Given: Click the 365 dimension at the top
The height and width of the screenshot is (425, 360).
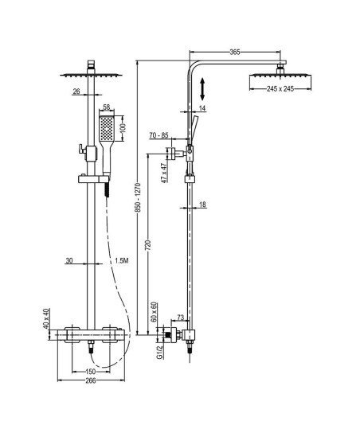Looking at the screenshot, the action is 235,52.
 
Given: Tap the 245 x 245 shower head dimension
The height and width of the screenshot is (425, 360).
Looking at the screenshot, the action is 280,88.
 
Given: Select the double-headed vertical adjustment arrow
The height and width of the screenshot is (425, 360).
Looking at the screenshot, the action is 202,88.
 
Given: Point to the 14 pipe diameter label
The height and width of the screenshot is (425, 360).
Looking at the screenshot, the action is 202,108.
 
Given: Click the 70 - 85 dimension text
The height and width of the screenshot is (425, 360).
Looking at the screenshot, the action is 159,135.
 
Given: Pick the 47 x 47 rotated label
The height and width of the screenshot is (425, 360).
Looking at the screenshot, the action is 164,173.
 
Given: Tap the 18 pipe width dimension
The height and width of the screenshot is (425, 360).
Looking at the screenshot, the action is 202,205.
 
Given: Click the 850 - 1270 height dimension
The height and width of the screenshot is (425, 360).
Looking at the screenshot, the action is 139,197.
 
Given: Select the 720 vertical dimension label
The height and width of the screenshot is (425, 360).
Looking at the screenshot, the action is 148,246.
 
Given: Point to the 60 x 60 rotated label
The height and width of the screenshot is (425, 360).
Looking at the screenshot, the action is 154,312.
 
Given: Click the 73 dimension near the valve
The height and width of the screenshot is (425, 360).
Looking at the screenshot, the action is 181,317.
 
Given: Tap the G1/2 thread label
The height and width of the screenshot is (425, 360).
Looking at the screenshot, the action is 160,353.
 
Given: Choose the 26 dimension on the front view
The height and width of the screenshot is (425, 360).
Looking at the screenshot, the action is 76,92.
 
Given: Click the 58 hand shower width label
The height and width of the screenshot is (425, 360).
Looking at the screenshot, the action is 107,107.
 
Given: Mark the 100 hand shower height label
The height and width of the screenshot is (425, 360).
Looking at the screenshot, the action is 123,127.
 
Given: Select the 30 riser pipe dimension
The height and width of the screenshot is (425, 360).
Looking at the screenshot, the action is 69,261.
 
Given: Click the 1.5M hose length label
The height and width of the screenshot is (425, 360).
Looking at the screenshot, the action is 122,261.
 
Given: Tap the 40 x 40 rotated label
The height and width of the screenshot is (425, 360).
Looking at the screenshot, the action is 46,318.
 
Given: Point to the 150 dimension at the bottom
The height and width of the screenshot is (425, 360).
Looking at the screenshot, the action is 91,371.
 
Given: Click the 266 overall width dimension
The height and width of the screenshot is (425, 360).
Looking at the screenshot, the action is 91,380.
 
